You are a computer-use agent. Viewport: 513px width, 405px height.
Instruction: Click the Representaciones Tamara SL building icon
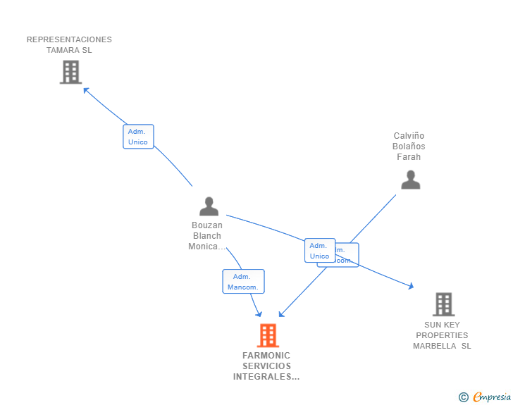pyautogui.click(x=70, y=72)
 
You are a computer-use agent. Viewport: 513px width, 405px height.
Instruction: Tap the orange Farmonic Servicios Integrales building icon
pyautogui.click(x=268, y=335)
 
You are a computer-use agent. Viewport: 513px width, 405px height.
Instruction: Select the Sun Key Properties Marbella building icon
pyautogui.click(x=443, y=304)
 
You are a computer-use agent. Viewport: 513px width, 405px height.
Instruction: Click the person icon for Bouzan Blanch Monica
pyautogui.click(x=209, y=206)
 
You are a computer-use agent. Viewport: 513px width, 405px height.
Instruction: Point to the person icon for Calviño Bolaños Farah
pyautogui.click(x=410, y=180)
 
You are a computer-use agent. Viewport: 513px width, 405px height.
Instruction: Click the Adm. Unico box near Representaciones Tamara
pyautogui.click(x=138, y=137)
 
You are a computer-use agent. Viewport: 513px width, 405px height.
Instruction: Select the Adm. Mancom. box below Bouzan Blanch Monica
pyautogui.click(x=243, y=282)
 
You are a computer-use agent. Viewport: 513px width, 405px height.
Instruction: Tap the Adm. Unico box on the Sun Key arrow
pyautogui.click(x=319, y=251)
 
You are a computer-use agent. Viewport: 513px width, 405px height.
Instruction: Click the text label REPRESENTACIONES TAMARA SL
pyautogui.click(x=69, y=44)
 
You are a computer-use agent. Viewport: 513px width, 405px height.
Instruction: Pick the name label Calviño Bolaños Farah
pyautogui.click(x=409, y=147)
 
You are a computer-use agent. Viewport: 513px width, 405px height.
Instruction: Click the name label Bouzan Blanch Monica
pyautogui.click(x=206, y=236)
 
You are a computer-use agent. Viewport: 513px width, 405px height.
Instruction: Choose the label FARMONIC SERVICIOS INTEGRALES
pyautogui.click(x=266, y=366)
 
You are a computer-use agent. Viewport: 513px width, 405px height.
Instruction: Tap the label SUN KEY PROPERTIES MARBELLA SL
pyautogui.click(x=442, y=335)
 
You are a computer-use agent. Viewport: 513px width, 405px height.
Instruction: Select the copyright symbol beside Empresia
pyautogui.click(x=463, y=397)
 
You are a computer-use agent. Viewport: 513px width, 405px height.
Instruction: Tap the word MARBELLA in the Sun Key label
pyautogui.click(x=435, y=346)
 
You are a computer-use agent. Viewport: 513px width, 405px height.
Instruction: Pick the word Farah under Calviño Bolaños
pyautogui.click(x=409, y=157)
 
